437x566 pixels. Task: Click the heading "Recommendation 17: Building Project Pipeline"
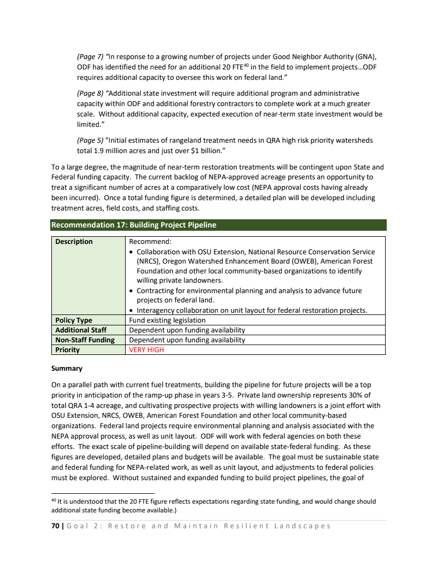[133, 225]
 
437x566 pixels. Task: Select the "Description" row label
[74, 242]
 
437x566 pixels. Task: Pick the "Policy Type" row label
[74, 320]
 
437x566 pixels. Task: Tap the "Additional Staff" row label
[81, 330]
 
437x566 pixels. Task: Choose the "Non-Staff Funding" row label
[85, 340]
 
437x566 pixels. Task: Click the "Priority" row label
[67, 350]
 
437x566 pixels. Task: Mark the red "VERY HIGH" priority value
[146, 350]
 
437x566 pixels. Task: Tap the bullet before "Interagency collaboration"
[132, 311]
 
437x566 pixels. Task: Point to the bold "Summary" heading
[67, 369]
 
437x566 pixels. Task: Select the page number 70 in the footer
[55, 526]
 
